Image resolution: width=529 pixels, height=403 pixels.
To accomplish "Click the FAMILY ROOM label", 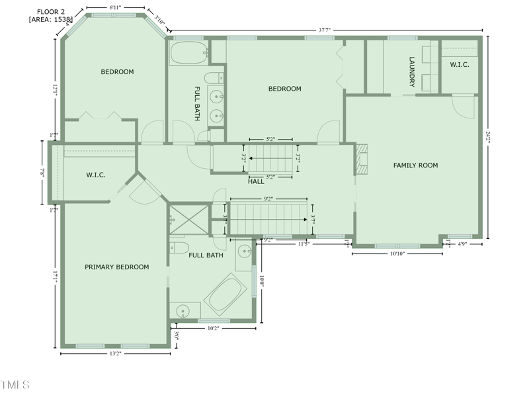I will coord(415,165).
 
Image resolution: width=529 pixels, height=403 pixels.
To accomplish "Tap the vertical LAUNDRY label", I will coord(411,71).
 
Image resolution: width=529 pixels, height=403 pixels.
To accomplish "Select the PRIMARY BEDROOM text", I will coord(116,267).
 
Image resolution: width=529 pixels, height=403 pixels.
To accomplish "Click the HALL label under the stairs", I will coord(256,181).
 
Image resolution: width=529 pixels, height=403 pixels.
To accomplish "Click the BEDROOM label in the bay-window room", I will coord(117,72).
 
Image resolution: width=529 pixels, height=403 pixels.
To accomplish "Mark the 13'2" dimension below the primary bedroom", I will coord(115,353).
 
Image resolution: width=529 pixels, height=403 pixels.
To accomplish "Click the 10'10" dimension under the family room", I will coord(397,253).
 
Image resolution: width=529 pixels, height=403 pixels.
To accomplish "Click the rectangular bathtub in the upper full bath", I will coord(188,53).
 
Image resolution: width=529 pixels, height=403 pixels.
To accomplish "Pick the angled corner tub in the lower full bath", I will coord(225,294).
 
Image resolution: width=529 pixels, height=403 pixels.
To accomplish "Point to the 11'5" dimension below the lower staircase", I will coord(304,244).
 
